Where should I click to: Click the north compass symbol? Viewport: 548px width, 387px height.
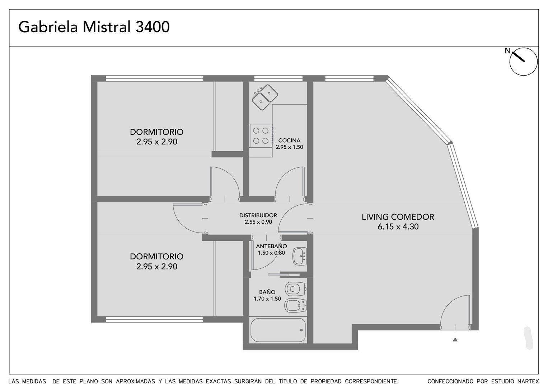(523, 62)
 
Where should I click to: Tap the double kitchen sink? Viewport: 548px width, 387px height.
(265, 97)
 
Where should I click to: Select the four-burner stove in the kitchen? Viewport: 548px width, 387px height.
(261, 135)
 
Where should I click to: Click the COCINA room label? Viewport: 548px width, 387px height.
(289, 140)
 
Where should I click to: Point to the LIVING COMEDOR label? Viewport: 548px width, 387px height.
(398, 217)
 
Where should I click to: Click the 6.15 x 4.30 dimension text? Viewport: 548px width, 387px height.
(398, 226)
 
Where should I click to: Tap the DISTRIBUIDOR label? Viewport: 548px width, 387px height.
(258, 215)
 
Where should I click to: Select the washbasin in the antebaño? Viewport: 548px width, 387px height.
(299, 256)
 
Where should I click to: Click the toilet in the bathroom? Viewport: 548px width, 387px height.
(296, 289)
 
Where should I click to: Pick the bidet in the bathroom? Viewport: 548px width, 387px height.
(295, 305)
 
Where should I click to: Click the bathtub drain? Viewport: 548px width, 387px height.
(301, 330)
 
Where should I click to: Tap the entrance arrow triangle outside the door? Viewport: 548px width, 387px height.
(455, 339)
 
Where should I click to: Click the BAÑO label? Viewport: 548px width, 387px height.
(267, 292)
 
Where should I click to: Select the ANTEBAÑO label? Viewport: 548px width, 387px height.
(271, 246)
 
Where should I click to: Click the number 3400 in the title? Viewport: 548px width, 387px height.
(153, 27)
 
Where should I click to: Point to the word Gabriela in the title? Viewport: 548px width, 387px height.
(48, 27)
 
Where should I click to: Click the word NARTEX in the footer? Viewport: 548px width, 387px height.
(528, 381)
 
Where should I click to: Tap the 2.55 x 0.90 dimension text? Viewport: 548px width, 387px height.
(258, 222)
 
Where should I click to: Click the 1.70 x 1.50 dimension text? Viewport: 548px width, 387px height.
(267, 298)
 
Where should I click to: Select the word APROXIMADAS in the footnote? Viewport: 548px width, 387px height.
(136, 381)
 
